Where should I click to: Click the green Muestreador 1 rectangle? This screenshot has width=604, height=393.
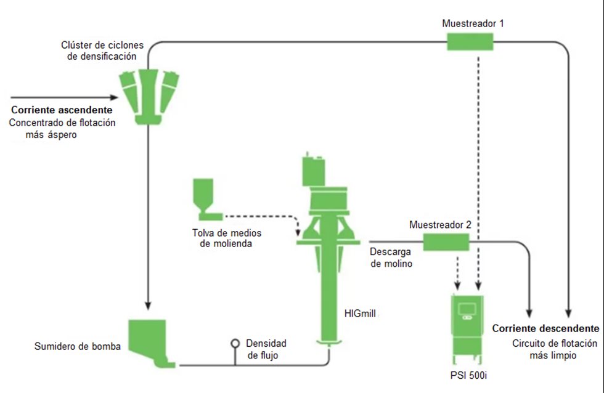(x=470, y=42)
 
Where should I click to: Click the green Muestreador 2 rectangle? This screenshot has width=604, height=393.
(x=446, y=242)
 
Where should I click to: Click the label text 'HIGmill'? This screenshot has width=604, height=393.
(x=360, y=314)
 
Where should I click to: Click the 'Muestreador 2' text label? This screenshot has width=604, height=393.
(x=440, y=225)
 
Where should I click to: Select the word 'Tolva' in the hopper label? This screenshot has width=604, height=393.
(x=203, y=232)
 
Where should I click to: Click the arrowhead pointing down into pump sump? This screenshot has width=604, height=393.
(x=147, y=306)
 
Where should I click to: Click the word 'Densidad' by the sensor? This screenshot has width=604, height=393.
(x=266, y=343)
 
